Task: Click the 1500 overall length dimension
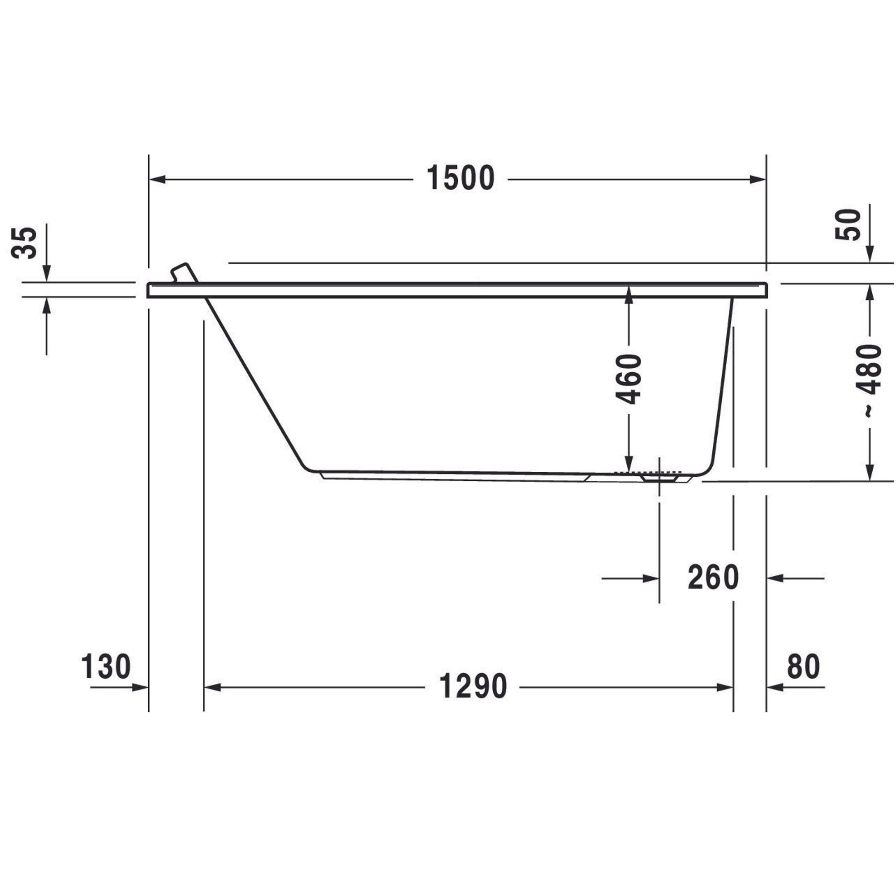click(x=461, y=178)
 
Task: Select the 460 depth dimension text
click(x=629, y=379)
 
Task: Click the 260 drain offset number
click(x=713, y=577)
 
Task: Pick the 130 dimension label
click(x=106, y=667)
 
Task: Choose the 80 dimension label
click(x=803, y=667)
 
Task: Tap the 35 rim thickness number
click(x=24, y=242)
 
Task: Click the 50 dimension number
click(x=848, y=224)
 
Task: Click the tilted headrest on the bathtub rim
click(x=184, y=273)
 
